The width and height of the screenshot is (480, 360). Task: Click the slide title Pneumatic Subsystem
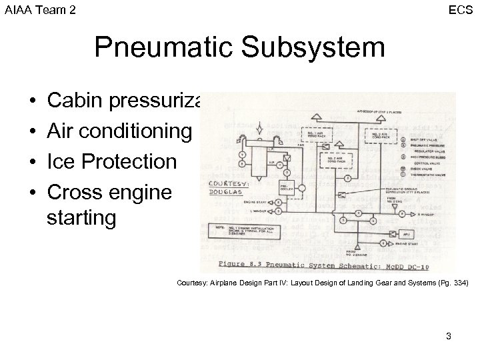coord(239,48)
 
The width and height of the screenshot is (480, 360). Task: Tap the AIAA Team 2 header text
coord(40,9)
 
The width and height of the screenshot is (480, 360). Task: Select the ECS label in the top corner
coord(461,9)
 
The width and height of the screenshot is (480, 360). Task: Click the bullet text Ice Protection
coord(113,161)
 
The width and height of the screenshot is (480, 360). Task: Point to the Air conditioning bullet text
coord(119,131)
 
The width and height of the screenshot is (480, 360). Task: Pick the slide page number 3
coord(449,336)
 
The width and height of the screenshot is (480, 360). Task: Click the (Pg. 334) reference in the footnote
coord(455,283)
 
